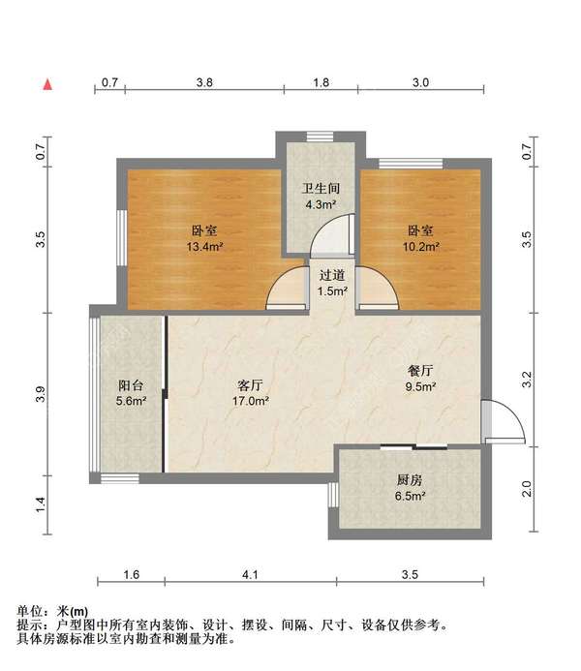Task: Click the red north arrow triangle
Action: click(47, 84)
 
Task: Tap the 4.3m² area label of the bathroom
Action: click(320, 204)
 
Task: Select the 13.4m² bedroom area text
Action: click(205, 247)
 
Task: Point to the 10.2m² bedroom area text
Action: click(421, 247)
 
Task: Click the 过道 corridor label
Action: click(332, 275)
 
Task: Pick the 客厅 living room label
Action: click(250, 385)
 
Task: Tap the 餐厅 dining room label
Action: click(420, 371)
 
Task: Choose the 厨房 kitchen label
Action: click(410, 480)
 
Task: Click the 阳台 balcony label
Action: click(131, 385)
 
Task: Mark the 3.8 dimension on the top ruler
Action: click(204, 82)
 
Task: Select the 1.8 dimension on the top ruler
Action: click(321, 82)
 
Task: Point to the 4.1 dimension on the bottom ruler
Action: click(250, 574)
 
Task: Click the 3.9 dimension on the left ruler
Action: click(40, 394)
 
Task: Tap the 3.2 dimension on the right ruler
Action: click(527, 380)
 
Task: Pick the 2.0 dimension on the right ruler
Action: click(527, 489)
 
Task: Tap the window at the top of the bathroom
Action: click(320, 137)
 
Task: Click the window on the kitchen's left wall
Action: click(333, 495)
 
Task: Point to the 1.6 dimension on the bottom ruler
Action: click(132, 574)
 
